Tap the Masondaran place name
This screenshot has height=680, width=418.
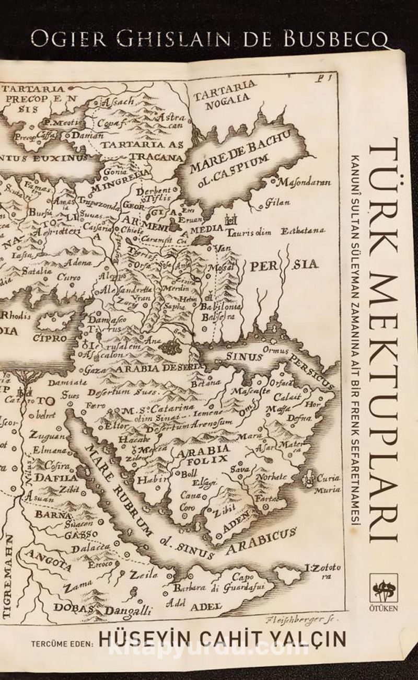click(x=303, y=183)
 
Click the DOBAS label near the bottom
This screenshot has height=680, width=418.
click(x=73, y=608)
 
